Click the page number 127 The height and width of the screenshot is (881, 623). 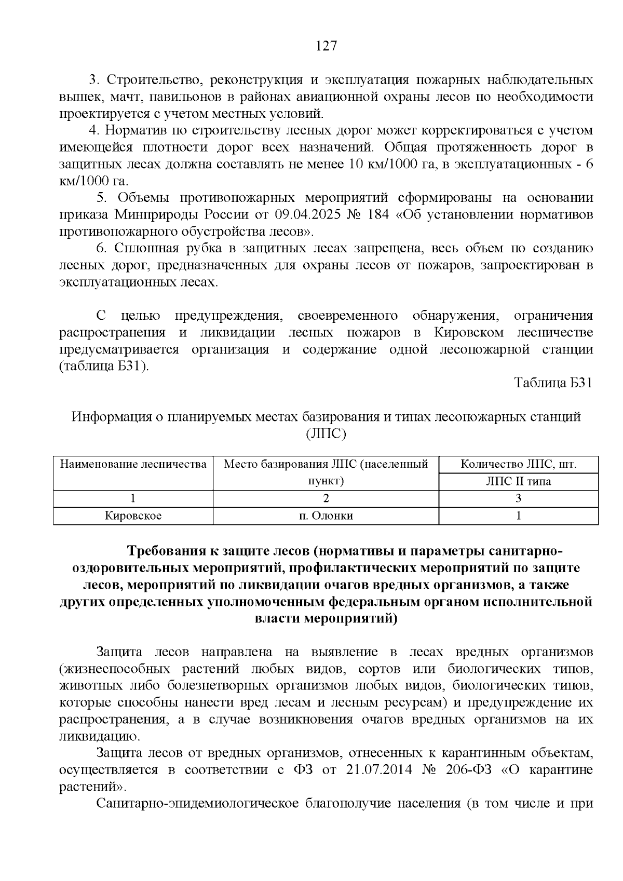click(x=327, y=46)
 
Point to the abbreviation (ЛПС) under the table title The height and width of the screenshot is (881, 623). click(x=326, y=433)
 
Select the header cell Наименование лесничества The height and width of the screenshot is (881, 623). click(x=133, y=464)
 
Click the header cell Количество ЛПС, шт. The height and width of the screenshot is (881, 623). click(x=518, y=464)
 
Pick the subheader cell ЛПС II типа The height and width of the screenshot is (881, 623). click(x=518, y=481)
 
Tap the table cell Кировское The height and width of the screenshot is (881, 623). click(x=133, y=516)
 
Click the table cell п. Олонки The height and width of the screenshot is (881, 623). click(x=326, y=516)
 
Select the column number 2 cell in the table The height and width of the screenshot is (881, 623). click(x=326, y=498)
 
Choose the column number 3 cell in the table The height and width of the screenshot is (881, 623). click(x=518, y=498)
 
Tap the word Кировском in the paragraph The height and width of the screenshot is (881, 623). click(x=471, y=333)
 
